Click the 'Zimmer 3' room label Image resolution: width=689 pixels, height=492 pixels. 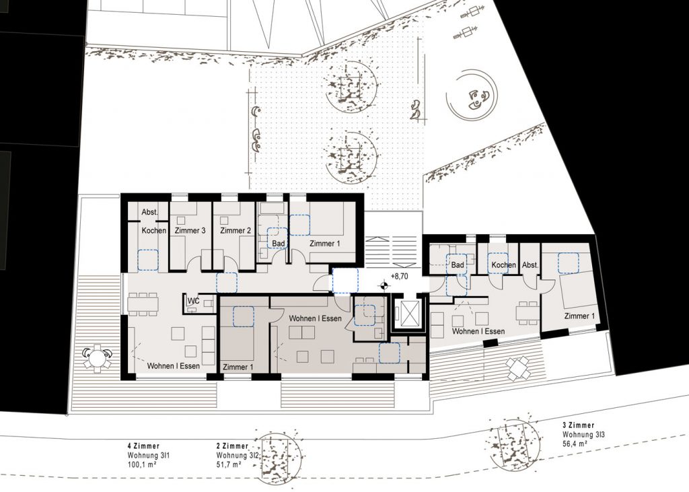pos(190,231)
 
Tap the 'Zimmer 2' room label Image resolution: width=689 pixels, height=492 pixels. pos(235,231)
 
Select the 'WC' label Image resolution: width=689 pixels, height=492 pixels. pos(194,301)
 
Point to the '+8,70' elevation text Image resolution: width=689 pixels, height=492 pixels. pos(400,277)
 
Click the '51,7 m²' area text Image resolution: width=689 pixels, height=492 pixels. pos(229,464)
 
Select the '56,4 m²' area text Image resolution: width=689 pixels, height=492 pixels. pos(575,444)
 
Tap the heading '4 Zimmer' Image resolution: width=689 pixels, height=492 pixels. pos(144,446)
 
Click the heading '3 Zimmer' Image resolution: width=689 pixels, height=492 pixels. pos(578,425)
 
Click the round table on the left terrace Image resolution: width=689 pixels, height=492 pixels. pos(96,357)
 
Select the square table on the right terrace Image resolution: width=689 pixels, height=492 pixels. pos(519,368)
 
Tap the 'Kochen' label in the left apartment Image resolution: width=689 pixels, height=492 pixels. pos(154,230)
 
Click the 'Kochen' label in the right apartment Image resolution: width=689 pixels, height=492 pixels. pos(503,265)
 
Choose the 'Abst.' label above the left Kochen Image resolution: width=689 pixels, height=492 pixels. pos(150,212)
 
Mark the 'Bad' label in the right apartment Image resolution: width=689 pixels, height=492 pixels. pos(458,265)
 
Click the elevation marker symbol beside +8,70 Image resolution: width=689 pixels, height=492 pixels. pos(384,286)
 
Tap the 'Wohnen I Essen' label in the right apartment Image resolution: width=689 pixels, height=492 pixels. pos(478,332)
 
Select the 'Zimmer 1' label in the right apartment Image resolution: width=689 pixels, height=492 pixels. pos(579,316)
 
